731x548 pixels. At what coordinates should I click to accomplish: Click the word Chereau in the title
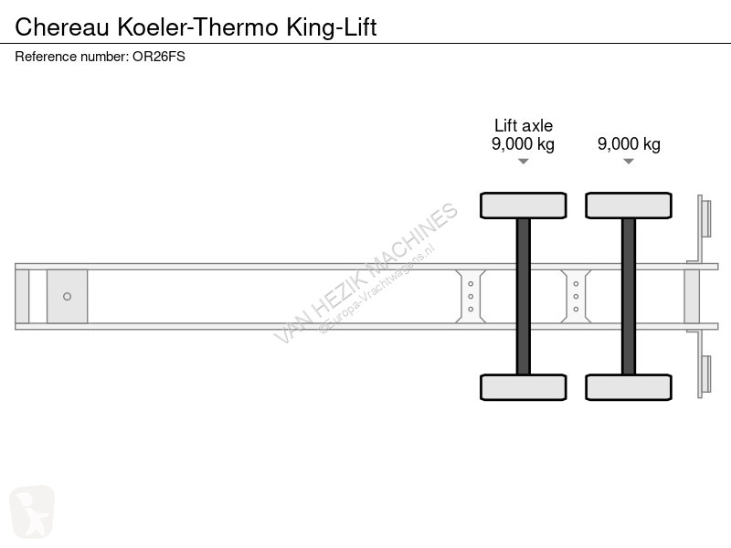pos(55,26)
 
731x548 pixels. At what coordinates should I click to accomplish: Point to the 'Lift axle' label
pos(523,126)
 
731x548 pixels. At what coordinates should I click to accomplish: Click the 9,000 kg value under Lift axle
pos(523,144)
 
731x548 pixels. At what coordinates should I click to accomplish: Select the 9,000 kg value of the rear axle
pos(629,144)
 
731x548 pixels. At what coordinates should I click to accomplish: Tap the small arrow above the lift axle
pos(523,162)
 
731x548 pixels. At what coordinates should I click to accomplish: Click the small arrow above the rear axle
pos(629,162)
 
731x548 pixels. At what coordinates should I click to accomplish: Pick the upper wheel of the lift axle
pos(524,205)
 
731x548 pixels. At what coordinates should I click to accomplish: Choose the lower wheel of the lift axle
pos(524,386)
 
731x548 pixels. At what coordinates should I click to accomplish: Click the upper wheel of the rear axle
pos(629,205)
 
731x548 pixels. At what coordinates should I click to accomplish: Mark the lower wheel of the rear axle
pos(629,386)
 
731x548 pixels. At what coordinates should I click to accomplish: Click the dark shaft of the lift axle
pos(524,296)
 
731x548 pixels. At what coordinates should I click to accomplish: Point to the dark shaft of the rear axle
pos(629,296)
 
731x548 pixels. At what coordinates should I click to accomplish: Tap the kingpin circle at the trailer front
pos(67,296)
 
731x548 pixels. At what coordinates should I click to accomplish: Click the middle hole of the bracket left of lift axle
pos(471,296)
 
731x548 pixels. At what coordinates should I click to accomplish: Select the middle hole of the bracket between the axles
pos(576,296)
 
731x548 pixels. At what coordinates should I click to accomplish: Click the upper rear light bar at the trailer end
pos(706,219)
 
